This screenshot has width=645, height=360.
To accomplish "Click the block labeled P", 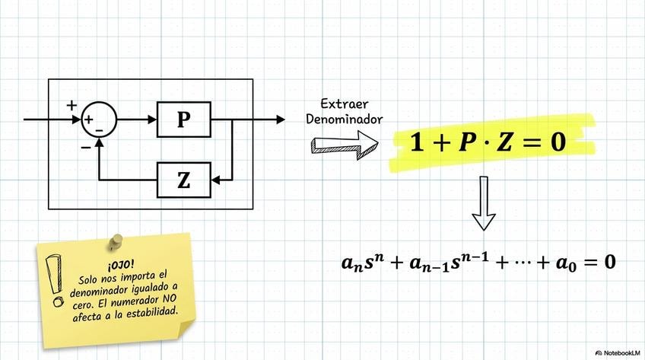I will click(x=183, y=119).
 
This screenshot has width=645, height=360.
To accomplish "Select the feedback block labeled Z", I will click(x=183, y=180).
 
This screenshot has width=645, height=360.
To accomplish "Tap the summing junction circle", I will click(x=99, y=119).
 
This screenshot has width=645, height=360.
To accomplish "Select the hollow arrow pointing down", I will click(x=484, y=204).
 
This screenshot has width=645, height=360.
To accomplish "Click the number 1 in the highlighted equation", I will click(x=417, y=142).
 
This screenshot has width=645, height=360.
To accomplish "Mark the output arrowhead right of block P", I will click(x=281, y=119).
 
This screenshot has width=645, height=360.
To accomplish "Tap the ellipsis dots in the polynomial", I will click(x=532, y=263).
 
